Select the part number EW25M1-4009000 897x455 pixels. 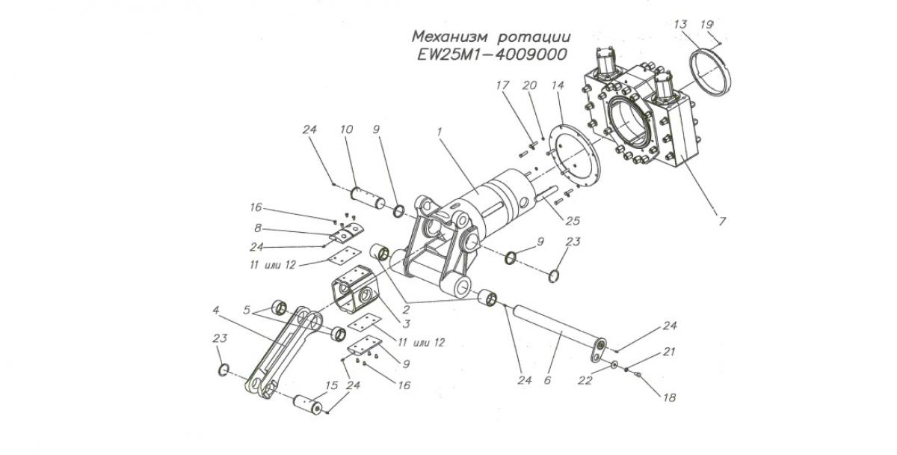coord(491,55)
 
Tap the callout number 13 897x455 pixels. coord(679,24)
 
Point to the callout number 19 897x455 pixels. coord(706,24)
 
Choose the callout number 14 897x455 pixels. coord(557,86)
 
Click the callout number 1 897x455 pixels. coord(440,130)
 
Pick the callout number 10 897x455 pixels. coord(346,130)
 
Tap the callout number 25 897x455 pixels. coord(573,221)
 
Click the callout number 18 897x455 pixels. coord(669,397)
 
